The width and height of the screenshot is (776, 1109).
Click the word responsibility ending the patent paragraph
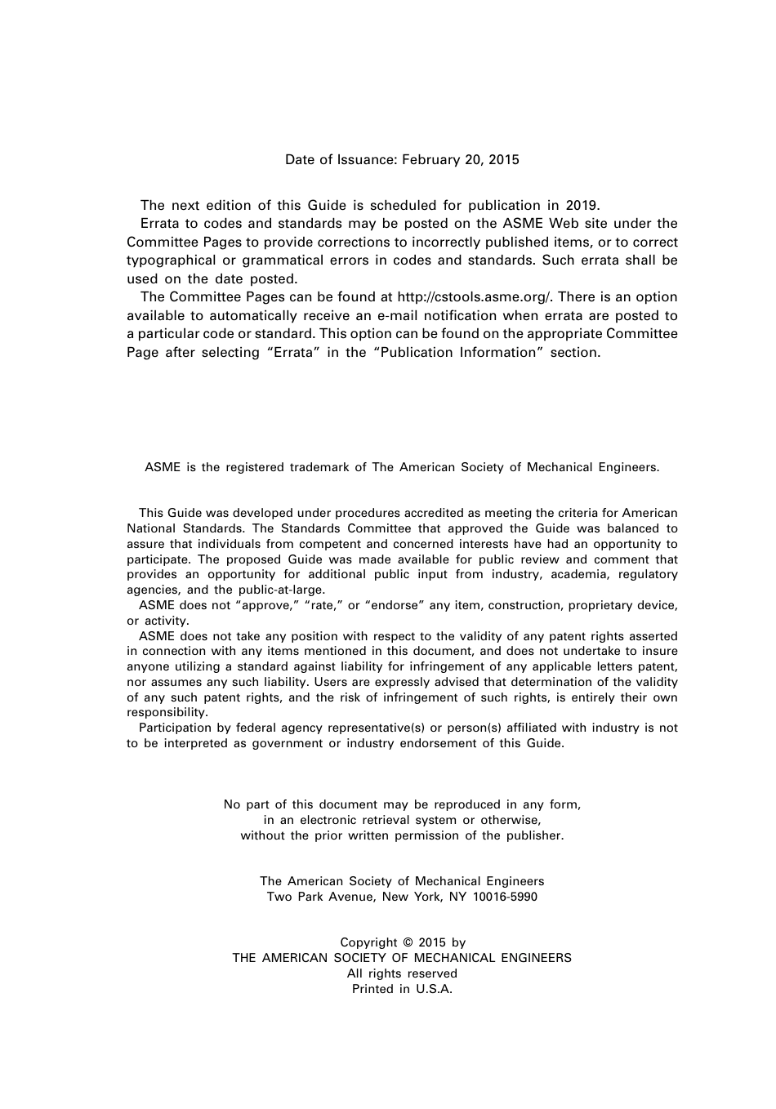click(167, 713)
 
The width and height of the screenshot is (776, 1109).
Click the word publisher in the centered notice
click(534, 836)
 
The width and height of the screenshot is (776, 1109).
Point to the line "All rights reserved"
click(402, 974)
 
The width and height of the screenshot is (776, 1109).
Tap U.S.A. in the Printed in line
click(434, 990)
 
